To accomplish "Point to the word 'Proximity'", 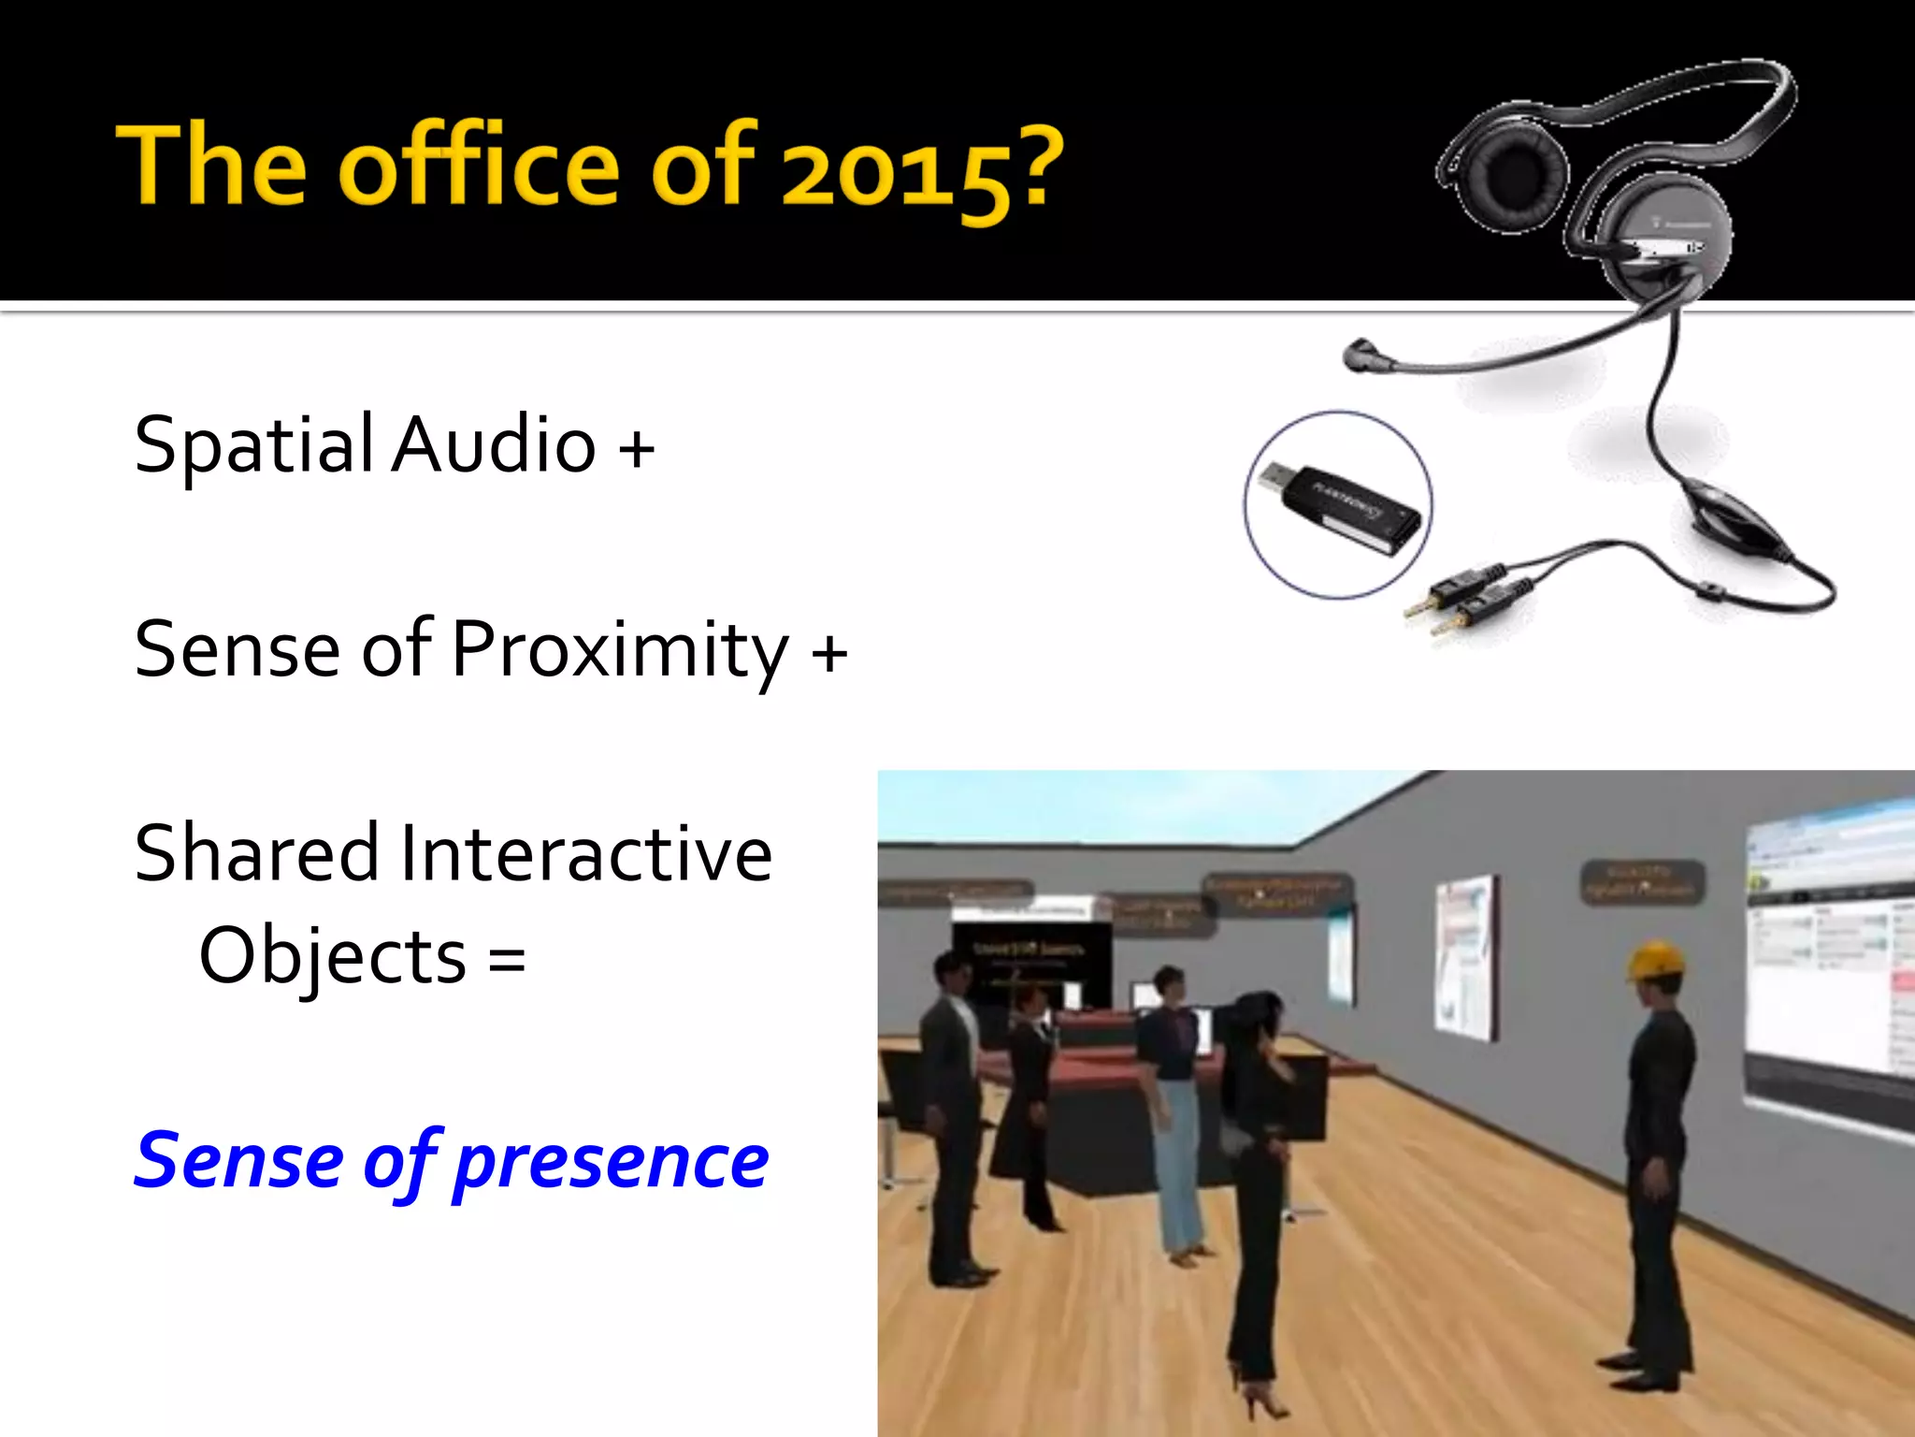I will tap(620, 650).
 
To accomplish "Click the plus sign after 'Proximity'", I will tap(829, 652).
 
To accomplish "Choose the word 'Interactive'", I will tap(586, 853).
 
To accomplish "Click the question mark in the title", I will tap(1036, 167).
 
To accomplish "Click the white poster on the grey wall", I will tap(1466, 954).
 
